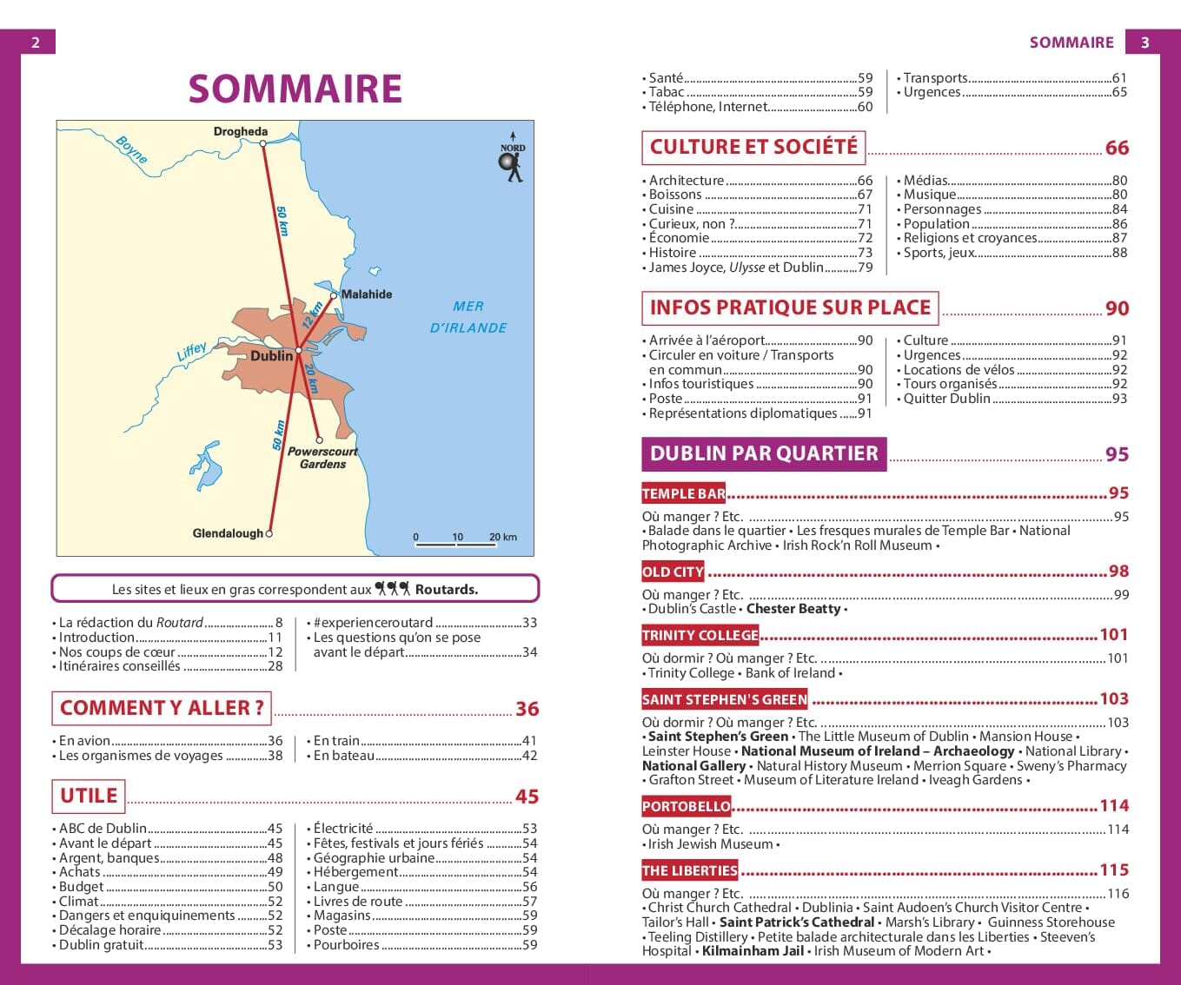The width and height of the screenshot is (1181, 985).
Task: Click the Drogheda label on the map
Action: (x=241, y=132)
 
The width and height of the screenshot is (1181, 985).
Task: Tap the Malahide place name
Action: (x=366, y=294)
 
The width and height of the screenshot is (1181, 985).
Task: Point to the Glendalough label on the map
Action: (x=227, y=533)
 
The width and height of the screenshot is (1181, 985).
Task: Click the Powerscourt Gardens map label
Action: (x=322, y=458)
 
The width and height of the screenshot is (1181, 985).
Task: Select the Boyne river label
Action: (x=131, y=150)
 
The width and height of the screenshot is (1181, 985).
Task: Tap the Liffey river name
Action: (x=192, y=351)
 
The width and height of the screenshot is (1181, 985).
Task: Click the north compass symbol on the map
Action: (x=513, y=159)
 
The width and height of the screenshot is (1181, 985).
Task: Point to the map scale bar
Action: (x=457, y=543)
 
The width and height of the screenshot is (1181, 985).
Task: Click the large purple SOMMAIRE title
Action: (x=295, y=89)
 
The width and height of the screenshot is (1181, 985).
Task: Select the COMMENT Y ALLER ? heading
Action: (x=162, y=708)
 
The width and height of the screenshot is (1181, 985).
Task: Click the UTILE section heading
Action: (x=89, y=795)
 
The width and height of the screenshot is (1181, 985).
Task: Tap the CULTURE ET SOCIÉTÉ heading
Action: (x=753, y=147)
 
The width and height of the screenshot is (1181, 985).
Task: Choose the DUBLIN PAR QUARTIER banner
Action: (x=764, y=453)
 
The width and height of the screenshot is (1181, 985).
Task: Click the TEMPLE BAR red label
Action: (x=683, y=493)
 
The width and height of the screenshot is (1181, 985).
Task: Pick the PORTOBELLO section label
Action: (x=686, y=806)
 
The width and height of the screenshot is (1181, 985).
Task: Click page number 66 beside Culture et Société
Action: (x=1117, y=148)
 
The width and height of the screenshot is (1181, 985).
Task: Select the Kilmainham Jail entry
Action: (x=753, y=950)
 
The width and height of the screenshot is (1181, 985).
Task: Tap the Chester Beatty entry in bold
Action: (x=793, y=609)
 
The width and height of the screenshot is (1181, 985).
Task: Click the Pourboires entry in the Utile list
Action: (x=346, y=944)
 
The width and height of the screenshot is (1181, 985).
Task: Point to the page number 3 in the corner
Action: (x=1145, y=43)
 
